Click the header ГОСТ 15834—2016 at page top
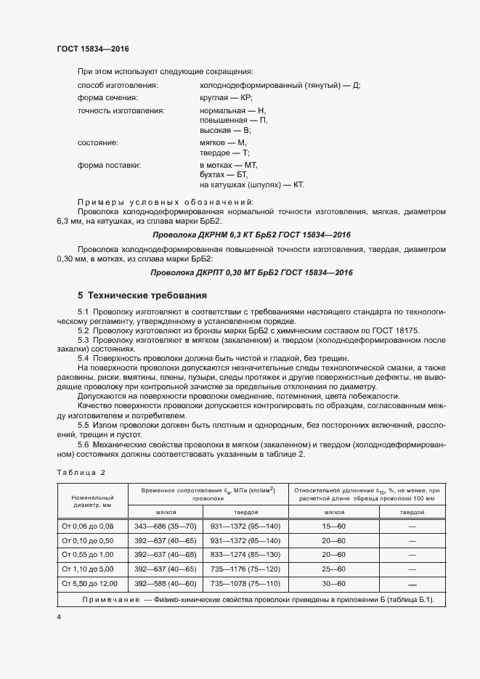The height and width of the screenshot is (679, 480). [93, 49]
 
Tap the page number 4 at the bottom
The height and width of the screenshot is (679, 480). [59, 617]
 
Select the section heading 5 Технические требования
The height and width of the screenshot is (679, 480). [143, 296]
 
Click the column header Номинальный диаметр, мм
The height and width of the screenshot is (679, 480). [92, 500]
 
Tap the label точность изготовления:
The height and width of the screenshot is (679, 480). [121, 110]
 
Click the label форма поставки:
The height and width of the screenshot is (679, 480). [109, 166]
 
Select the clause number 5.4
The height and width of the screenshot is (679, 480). [83, 358]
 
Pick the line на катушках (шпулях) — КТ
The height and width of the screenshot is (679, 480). [251, 185]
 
